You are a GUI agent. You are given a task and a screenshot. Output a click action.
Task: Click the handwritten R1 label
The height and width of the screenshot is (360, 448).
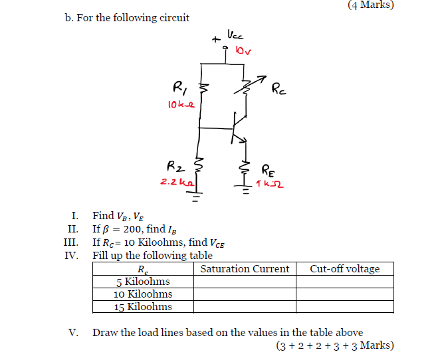click(179, 86)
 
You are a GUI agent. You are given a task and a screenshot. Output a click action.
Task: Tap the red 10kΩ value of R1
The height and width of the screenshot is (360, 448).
click(181, 104)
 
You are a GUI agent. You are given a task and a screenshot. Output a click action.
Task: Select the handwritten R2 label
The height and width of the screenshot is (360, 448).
click(174, 165)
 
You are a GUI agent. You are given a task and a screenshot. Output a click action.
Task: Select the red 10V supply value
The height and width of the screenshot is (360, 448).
click(243, 50)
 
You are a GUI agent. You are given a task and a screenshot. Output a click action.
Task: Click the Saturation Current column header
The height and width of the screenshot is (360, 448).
click(245, 269)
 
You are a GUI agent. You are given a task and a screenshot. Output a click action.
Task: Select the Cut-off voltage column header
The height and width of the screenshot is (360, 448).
click(345, 269)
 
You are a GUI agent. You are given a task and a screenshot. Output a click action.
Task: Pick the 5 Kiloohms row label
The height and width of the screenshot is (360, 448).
click(142, 282)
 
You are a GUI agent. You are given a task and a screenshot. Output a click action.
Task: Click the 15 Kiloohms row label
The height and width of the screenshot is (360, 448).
click(142, 307)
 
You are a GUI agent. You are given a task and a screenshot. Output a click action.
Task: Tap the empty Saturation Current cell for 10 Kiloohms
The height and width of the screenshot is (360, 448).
click(245, 294)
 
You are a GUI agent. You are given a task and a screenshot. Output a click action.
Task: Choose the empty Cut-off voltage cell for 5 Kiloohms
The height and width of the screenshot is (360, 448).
click(345, 282)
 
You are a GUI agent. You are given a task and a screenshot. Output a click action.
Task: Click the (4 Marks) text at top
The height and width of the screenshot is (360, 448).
click(370, 5)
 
